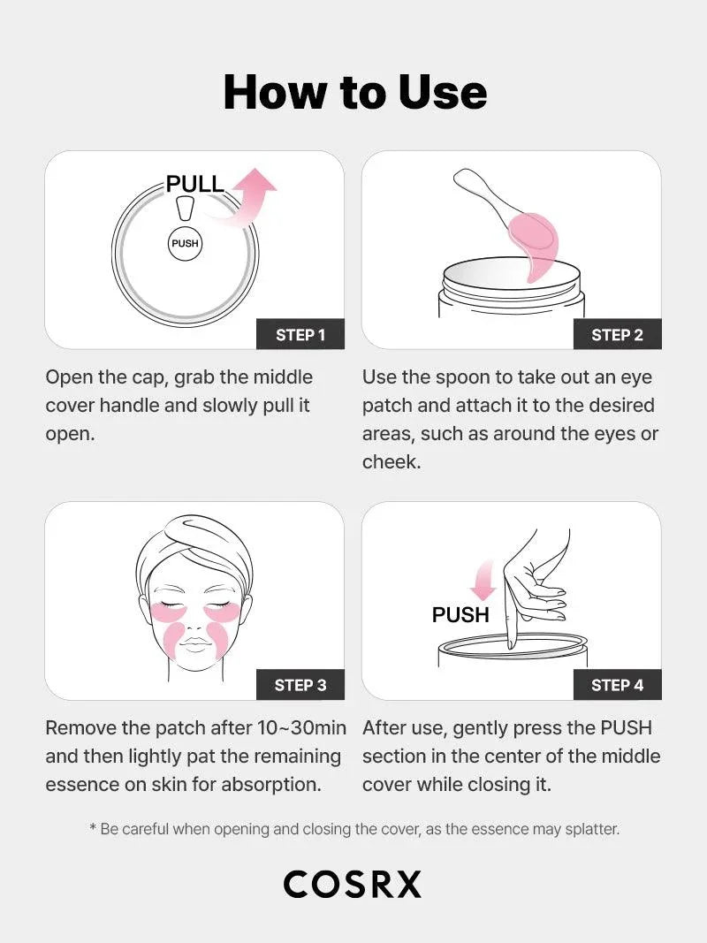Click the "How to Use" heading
click(354, 92)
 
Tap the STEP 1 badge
click(300, 335)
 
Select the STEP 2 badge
click(617, 335)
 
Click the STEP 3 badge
click(300, 685)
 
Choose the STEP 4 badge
click(617, 685)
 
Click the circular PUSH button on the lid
click(185, 243)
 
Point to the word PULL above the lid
click(195, 185)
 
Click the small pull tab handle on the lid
click(185, 209)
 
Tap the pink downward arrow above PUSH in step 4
click(483, 580)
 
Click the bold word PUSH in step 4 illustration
click(460, 615)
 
